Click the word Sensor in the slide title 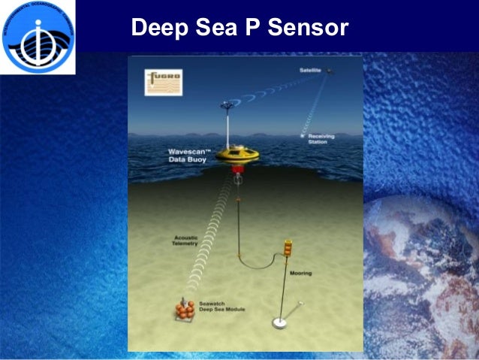[309, 29]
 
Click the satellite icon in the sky [331, 72]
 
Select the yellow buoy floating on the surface [237, 155]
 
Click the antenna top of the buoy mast [227, 106]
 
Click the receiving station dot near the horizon [304, 136]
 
